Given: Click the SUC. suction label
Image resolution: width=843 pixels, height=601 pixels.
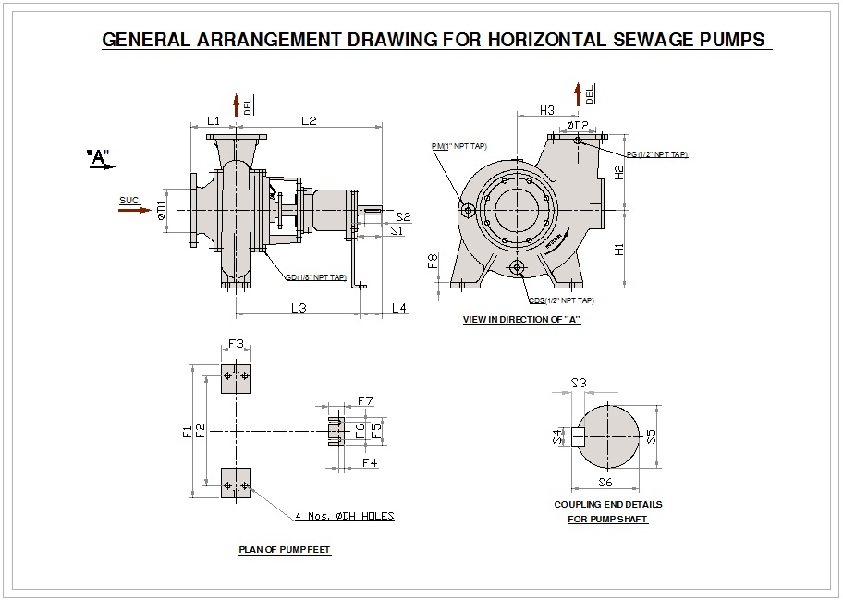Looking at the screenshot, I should [130, 200].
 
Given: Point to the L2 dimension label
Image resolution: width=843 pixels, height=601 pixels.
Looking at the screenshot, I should [309, 120].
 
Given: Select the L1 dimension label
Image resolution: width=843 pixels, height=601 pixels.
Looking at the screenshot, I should [213, 120].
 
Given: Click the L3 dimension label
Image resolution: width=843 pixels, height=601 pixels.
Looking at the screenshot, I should [299, 307].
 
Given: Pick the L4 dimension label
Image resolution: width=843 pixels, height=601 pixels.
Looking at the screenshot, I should [399, 307].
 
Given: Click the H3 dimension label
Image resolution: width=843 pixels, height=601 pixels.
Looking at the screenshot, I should [546, 110].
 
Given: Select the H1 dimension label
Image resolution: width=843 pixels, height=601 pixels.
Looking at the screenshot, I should [619, 249].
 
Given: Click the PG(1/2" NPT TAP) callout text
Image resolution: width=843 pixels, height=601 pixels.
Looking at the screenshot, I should [656, 154].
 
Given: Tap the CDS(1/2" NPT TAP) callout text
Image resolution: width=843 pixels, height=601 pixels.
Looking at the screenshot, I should [561, 300].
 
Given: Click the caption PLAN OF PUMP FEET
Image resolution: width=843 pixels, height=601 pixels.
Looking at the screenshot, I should [285, 550].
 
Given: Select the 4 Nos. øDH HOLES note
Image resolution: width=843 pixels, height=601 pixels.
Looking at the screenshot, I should [345, 516].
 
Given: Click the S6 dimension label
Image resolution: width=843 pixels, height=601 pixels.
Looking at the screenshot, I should [605, 482].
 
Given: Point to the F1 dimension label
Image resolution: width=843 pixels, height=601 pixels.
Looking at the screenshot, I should [188, 431].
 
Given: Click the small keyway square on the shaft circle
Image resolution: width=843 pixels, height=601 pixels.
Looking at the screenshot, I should [579, 436].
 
